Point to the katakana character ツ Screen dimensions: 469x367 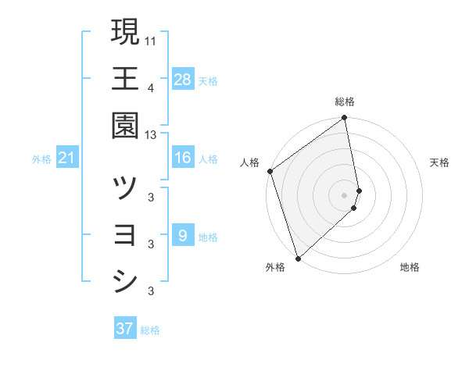click(125, 188)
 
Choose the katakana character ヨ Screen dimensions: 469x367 click(125, 235)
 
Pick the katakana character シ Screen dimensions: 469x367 click(125, 282)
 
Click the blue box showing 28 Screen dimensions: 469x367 click(182, 79)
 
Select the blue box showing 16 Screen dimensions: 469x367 click(182, 158)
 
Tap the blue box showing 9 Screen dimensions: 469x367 click(182, 236)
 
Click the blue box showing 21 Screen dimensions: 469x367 click(66, 159)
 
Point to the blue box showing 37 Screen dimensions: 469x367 click(125, 329)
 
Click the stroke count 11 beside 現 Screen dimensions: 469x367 click(151, 39)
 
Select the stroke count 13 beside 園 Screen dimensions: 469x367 click(151, 135)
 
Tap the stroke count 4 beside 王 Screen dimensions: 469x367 click(151, 87)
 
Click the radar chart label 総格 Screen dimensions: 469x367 click(345, 102)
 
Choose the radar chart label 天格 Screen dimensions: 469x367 click(439, 162)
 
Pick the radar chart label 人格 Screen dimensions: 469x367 click(249, 162)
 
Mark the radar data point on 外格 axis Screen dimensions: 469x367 click(297, 258)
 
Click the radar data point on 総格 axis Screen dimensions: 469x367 click(345, 119)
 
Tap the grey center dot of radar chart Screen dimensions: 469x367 click(345, 194)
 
